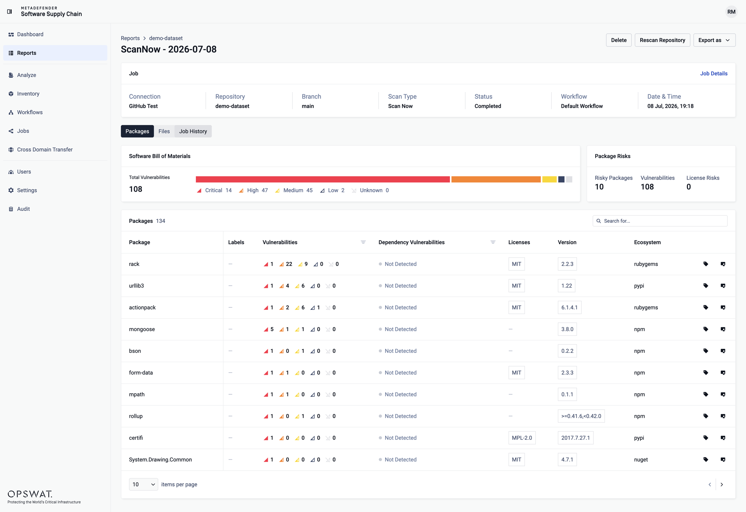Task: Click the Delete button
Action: [x=619, y=40]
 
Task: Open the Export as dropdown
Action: [x=714, y=40]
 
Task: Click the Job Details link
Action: [x=714, y=73]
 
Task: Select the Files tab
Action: [x=164, y=131]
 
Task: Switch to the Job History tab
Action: [x=193, y=131]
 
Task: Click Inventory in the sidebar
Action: [x=28, y=94]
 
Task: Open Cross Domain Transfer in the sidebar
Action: [x=45, y=149]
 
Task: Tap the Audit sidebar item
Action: [x=23, y=209]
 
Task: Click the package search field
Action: [x=660, y=221]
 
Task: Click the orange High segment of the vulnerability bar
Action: [x=496, y=179]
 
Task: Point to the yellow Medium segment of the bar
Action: [x=549, y=179]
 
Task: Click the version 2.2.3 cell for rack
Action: [x=567, y=264]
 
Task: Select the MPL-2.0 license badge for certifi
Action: [x=522, y=438]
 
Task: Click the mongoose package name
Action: [x=142, y=329]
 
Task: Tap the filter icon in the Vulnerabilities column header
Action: [x=363, y=242]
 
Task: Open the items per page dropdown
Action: [x=143, y=484]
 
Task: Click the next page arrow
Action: [x=722, y=484]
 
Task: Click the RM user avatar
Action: [x=731, y=12]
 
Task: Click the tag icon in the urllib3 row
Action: [x=706, y=286]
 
